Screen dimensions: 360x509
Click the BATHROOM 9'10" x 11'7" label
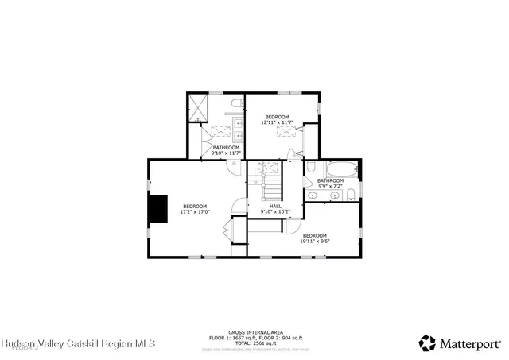[x=226, y=149]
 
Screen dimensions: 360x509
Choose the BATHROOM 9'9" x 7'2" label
[x=330, y=183]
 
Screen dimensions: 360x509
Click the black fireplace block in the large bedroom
[x=161, y=208]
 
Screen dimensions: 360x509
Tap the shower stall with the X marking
[x=197, y=106]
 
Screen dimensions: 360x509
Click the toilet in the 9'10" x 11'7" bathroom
[x=236, y=103]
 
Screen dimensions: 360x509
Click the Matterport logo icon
[x=427, y=343]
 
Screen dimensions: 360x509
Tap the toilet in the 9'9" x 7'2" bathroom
[x=351, y=193]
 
